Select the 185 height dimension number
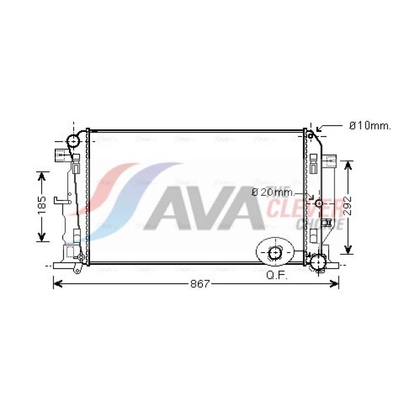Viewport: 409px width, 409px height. [x=42, y=206]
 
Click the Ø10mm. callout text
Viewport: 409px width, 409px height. [x=370, y=126]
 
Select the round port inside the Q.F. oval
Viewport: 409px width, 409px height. [x=275, y=252]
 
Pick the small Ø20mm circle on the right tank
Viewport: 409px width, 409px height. [x=319, y=203]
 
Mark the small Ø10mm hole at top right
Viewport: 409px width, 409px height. [x=310, y=135]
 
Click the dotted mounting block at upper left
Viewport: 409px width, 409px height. [x=61, y=153]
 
